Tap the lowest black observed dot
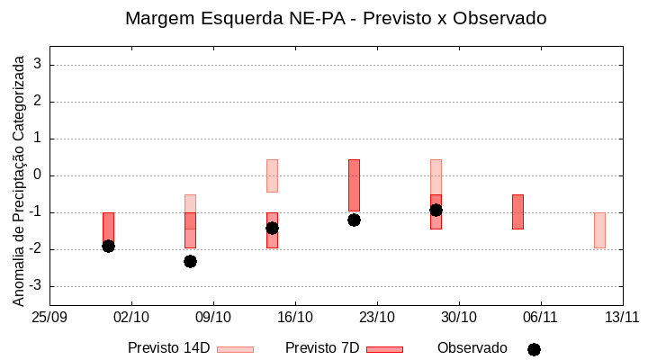point(190,261)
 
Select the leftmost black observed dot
point(108,246)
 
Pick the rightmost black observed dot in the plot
point(436,210)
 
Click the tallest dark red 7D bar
point(354,185)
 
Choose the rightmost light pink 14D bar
point(599,229)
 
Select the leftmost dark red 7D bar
point(108,229)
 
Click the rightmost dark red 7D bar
point(517,211)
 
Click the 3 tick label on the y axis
point(38,65)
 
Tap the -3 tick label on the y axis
point(35,286)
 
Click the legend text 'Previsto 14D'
point(169,348)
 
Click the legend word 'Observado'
point(472,348)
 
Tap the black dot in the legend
point(534,349)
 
